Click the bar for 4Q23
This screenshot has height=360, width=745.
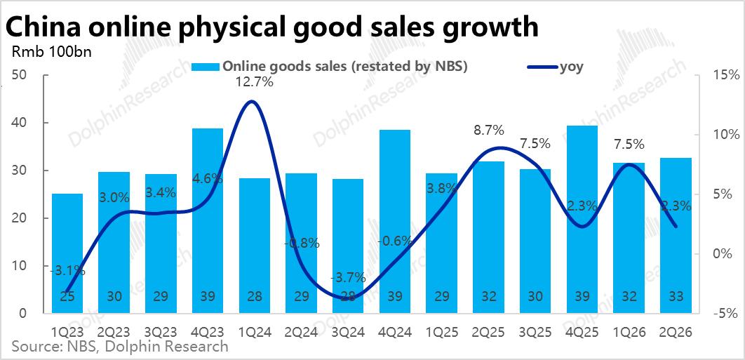(x=208, y=220)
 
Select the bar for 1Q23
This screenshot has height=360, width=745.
(x=67, y=253)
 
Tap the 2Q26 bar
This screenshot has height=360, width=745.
(x=676, y=235)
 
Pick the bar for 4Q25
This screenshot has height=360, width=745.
(x=582, y=219)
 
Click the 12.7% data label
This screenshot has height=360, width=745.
(x=255, y=82)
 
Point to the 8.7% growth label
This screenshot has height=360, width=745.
(x=489, y=130)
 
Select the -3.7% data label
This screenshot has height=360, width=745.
(x=348, y=276)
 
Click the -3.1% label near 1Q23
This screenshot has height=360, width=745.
(x=68, y=272)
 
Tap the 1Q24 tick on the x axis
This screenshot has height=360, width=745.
(x=255, y=332)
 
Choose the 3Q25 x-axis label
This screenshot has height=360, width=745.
(x=535, y=332)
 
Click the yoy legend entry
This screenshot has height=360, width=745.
(x=555, y=67)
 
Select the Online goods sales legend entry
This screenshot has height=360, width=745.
(x=330, y=67)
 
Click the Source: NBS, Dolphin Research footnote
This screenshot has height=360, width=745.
(x=120, y=346)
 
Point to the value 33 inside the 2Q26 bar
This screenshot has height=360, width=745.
(x=676, y=297)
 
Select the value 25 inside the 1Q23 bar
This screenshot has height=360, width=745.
(x=67, y=297)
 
